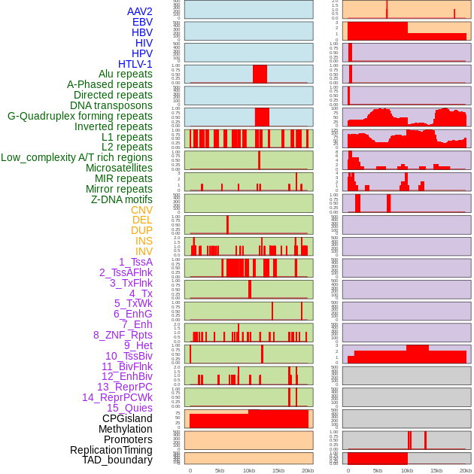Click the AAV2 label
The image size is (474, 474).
(x=140, y=11)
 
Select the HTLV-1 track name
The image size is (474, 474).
(x=135, y=64)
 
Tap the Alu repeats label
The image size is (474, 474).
(x=121, y=74)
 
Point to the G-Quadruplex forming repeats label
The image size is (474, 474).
(x=80, y=116)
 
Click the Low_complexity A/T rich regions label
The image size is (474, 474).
(x=77, y=157)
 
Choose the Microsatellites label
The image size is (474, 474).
(x=119, y=168)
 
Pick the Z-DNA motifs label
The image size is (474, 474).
(x=121, y=199)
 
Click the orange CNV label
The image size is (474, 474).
(x=141, y=210)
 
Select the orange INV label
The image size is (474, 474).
(x=144, y=251)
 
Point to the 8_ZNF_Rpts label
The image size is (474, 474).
(x=123, y=335)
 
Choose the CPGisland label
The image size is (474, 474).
(x=127, y=418)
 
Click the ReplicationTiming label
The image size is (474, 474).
(x=111, y=450)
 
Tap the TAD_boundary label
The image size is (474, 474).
(x=117, y=460)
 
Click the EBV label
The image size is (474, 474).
(x=142, y=22)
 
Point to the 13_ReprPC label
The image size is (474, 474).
(x=125, y=387)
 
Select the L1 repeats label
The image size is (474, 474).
(x=127, y=137)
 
